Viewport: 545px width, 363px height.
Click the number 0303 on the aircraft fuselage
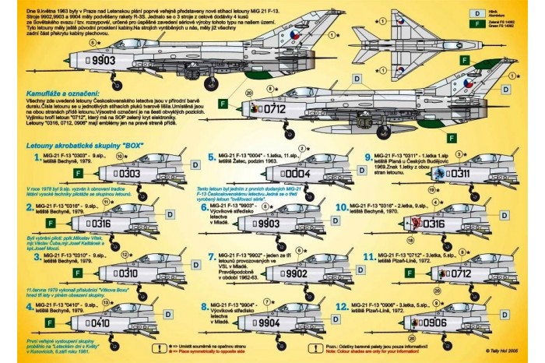[x=108, y=173]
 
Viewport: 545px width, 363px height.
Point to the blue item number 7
[x=213, y=257]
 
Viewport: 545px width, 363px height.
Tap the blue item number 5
[x=213, y=157]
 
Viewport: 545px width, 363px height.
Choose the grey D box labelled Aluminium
[x=473, y=12]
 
